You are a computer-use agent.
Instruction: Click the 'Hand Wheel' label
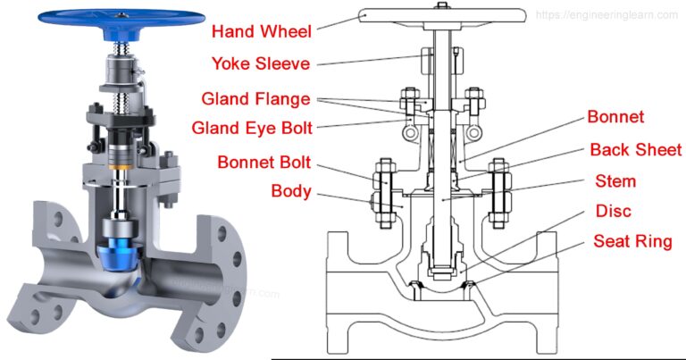click(x=261, y=31)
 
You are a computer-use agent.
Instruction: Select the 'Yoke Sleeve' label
click(x=262, y=63)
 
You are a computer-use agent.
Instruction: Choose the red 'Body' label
click(x=291, y=191)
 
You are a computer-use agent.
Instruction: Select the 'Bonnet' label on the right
click(x=615, y=117)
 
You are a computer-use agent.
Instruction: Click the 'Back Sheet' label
click(x=635, y=149)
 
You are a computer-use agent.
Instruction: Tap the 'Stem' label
click(x=615, y=181)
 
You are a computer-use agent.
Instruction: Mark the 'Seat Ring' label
click(x=632, y=242)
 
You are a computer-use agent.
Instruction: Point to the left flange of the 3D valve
click(x=40, y=277)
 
